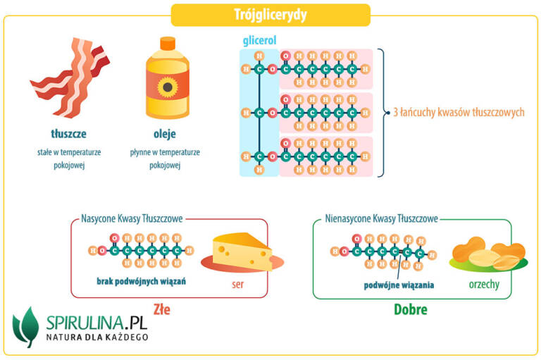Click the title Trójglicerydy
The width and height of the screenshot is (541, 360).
click(x=270, y=14)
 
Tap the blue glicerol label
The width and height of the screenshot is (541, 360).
click(x=258, y=42)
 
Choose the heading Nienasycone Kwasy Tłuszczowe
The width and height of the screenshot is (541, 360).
click(x=383, y=219)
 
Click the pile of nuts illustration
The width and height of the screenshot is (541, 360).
click(x=487, y=255)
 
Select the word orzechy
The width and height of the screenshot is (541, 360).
click(x=485, y=285)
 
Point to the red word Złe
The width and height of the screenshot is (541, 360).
click(x=161, y=309)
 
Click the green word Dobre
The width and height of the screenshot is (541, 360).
click(x=411, y=309)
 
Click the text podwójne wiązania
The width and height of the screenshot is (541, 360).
click(x=398, y=285)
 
